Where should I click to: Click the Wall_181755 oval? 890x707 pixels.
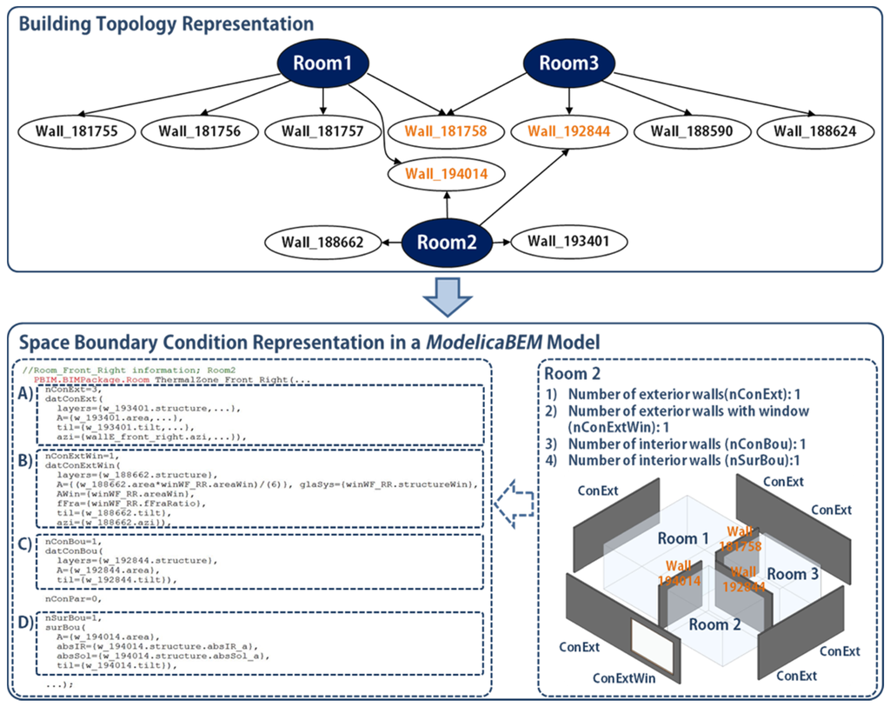(x=76, y=132)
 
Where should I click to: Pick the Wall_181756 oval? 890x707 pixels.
(x=199, y=132)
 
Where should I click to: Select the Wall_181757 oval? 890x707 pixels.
(x=322, y=132)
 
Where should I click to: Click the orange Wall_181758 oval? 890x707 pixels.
(x=445, y=132)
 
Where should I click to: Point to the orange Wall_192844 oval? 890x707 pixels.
(x=568, y=132)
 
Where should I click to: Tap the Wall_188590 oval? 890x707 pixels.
(x=692, y=132)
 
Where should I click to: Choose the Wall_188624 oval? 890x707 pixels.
(x=814, y=132)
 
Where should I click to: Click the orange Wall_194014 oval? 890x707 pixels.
(x=445, y=174)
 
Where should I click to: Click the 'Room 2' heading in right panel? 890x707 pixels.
(x=571, y=373)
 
